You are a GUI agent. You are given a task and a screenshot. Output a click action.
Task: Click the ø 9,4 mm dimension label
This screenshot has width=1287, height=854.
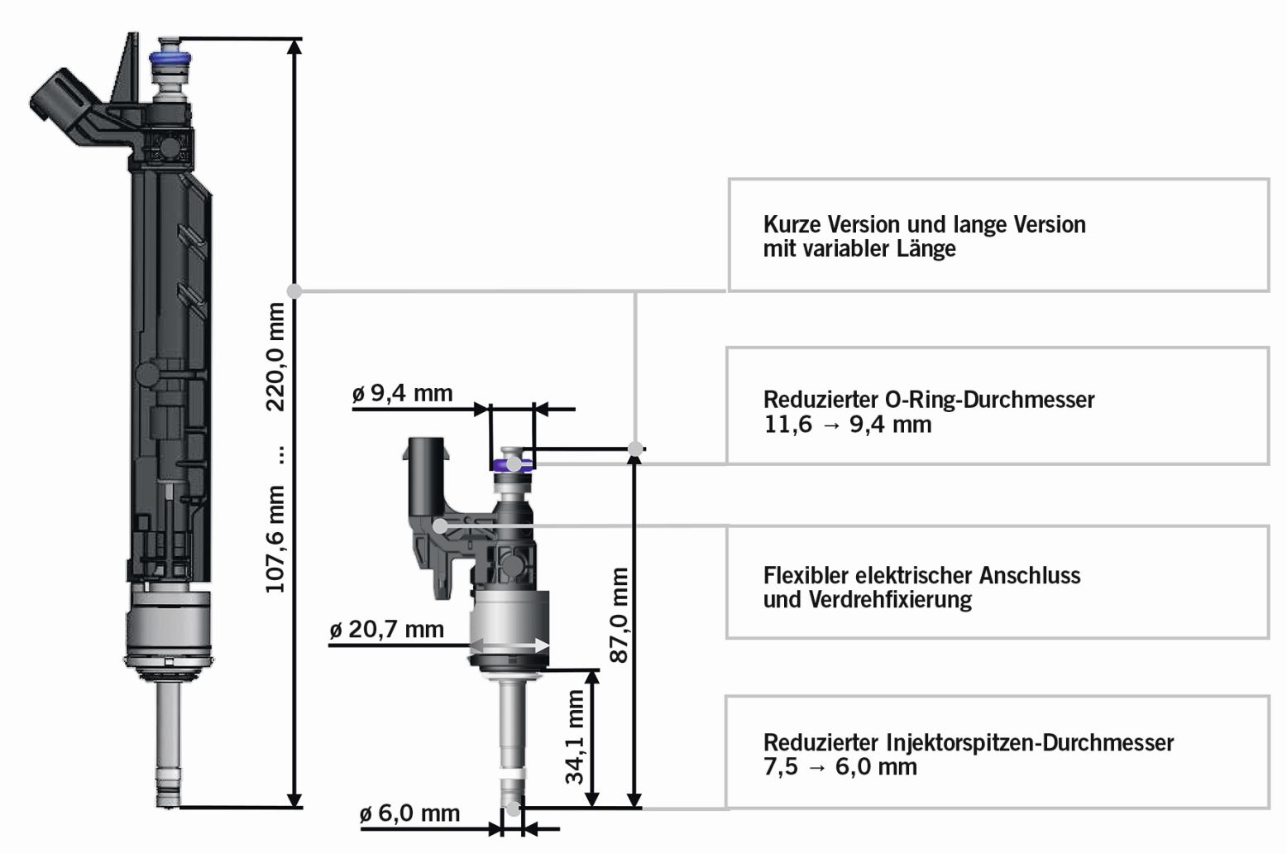402,393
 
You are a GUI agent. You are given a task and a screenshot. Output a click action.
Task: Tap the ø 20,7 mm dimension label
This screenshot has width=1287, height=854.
386,630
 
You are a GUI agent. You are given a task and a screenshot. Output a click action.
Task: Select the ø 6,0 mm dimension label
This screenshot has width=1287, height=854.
409,813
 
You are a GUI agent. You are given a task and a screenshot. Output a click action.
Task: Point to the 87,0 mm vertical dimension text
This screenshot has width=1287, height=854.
619,615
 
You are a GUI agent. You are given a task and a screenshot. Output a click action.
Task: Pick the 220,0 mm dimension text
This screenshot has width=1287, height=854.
275,357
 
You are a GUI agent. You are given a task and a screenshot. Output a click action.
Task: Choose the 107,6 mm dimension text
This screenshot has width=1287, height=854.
275,539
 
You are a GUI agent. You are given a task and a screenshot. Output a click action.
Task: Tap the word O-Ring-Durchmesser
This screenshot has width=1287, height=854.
989,400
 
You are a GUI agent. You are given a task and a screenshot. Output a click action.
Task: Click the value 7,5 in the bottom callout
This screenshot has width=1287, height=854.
781,767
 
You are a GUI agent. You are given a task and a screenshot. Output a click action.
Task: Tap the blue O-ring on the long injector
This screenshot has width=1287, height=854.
169,59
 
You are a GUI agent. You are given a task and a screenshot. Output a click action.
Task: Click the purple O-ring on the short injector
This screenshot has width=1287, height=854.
512,464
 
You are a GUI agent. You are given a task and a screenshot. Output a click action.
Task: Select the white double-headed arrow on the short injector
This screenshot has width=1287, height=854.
510,646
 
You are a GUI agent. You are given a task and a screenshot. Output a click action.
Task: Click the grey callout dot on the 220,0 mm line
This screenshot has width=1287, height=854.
294,290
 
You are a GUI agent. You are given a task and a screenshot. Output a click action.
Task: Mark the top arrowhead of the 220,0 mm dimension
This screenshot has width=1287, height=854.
294,46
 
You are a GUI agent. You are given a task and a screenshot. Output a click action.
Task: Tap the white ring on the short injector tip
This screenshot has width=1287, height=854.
512,774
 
